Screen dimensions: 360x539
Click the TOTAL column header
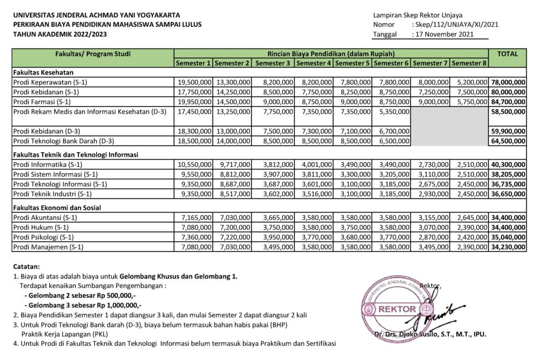pos(507,54)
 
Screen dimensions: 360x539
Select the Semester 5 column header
pos(352,63)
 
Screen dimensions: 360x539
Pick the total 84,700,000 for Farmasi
pos(508,101)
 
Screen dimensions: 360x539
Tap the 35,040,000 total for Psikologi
pos(508,237)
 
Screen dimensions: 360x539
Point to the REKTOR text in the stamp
pos(397,309)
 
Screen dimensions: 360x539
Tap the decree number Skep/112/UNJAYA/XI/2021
pos(455,24)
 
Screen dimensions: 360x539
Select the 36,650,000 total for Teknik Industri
pos(508,194)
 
